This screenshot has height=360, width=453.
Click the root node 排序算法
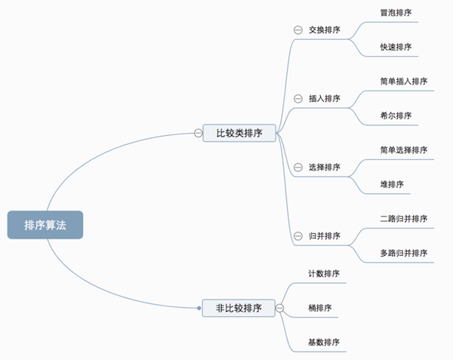point(45,224)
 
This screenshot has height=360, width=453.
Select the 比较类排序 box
point(239,133)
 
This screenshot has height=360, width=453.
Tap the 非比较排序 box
point(239,308)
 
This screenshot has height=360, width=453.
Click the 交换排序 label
point(324,30)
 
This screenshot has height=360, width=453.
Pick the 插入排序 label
point(324,99)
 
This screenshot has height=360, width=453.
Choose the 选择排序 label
point(324,167)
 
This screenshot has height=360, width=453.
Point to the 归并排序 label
point(324,235)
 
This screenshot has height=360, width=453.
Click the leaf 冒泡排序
point(396,13)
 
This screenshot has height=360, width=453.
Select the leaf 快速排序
point(396,47)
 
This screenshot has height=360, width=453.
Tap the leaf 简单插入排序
point(404,82)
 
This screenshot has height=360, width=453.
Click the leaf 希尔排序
point(396,115)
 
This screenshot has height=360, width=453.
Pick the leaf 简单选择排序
point(404,149)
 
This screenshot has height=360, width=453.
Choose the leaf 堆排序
point(392,183)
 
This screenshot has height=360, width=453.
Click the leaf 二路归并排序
point(404,218)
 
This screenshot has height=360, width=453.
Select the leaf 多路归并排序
point(404,252)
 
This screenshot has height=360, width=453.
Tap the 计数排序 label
point(324,274)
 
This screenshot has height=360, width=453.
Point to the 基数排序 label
point(324,342)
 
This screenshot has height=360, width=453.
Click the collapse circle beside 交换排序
point(297,30)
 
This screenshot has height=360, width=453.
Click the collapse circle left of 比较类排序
point(198,133)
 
